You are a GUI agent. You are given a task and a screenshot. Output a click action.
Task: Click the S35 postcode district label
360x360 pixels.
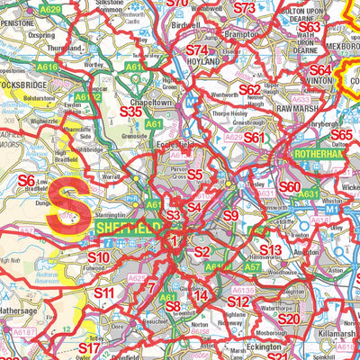(138, 112)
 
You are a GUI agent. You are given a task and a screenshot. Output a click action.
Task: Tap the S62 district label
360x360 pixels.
(249, 89)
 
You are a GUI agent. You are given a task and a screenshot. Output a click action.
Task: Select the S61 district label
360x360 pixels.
(255, 137)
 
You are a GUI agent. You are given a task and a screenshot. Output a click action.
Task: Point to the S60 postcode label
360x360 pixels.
(290, 187)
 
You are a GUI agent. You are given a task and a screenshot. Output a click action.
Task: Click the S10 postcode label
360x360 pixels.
(98, 258)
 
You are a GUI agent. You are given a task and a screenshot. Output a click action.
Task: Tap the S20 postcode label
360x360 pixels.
(288, 319)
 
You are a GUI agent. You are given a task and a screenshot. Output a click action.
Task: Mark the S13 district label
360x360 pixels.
(270, 249)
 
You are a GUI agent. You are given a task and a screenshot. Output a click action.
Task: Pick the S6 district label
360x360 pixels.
(27, 180)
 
